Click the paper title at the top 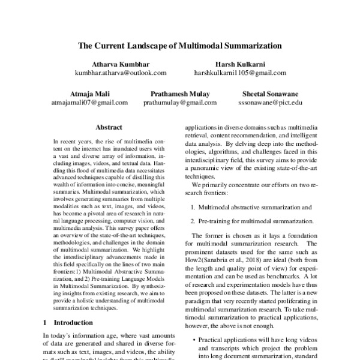tap(180, 45)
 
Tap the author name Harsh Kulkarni tap(240, 63)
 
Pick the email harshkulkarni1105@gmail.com tap(240, 73)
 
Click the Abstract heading tap(109, 127)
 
